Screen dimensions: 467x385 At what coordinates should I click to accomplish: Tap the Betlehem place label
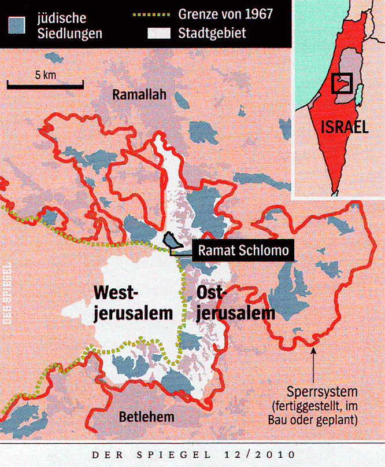146,417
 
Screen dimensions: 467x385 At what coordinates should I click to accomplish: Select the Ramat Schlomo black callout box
242,251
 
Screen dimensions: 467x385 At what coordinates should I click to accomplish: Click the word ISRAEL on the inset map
345,127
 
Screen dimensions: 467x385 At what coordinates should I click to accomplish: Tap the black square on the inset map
342,83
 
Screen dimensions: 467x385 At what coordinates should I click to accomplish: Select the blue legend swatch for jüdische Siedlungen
17,24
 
